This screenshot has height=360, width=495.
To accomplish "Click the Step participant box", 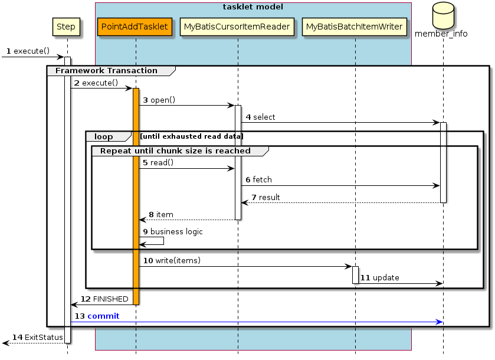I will [65, 27].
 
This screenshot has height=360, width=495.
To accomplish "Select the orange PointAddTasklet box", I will [135, 27].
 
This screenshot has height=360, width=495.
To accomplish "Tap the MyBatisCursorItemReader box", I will [237, 27].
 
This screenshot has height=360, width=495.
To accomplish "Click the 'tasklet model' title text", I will [253, 7].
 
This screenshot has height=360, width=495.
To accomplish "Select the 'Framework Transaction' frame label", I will [106, 71].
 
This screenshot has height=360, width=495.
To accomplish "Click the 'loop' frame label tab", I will [104, 136].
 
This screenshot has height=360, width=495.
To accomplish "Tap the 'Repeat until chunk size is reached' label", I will [175, 151].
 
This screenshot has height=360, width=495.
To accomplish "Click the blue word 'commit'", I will [103, 316].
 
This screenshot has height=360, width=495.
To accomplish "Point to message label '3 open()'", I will [159, 100].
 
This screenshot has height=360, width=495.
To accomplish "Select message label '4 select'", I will [260, 117].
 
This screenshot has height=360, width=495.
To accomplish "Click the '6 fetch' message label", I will [259, 179].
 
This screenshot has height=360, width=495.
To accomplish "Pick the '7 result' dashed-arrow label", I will [265, 197].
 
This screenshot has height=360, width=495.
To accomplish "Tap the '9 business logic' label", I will [173, 232].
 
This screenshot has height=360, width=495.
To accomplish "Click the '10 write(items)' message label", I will [172, 261].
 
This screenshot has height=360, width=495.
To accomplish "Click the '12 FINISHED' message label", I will [104, 300].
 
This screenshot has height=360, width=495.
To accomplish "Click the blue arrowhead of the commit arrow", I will [439, 322].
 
